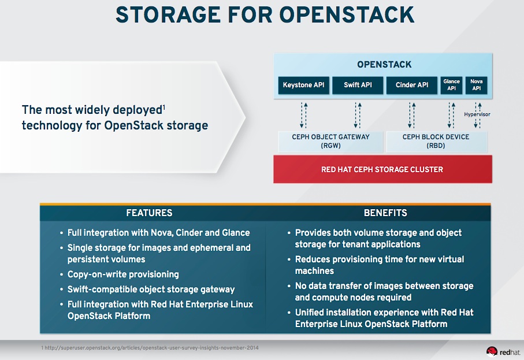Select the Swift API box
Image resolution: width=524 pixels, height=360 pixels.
coord(358,86)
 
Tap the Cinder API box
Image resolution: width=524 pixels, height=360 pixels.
coord(412,86)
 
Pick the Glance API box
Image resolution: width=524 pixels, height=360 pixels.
coord(451,86)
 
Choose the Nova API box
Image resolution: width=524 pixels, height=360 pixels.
coord(477,86)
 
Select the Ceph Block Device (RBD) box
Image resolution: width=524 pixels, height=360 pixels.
coord(436,142)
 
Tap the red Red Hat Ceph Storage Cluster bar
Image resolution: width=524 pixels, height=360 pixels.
coord(382,169)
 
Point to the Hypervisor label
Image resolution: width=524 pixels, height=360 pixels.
coord(477,114)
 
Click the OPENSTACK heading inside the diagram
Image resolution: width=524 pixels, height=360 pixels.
coord(384,65)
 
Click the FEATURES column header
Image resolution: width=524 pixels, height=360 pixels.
coord(149,213)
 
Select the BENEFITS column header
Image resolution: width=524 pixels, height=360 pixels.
coord(385,213)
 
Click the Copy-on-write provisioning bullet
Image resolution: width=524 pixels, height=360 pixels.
coord(122,274)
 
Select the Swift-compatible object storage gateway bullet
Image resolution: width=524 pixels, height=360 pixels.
coord(150,289)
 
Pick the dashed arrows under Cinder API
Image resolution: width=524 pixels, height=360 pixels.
coord(412,114)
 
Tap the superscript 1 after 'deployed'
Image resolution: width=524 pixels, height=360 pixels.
coord(164,106)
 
